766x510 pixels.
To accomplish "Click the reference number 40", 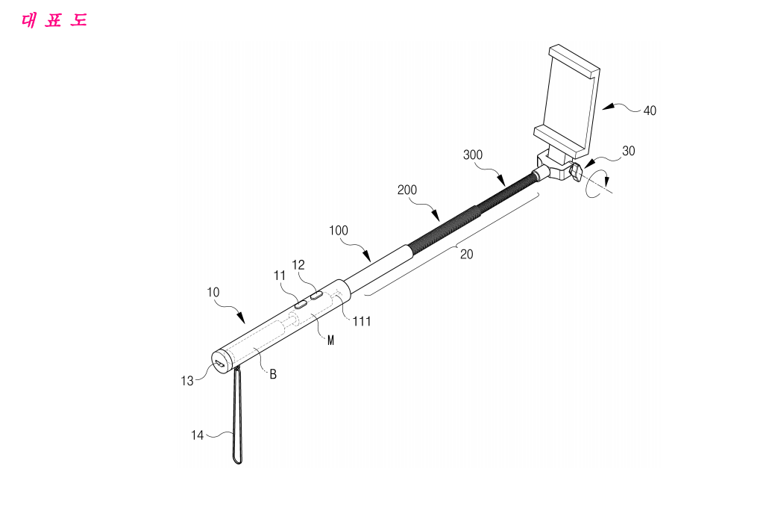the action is (650, 111).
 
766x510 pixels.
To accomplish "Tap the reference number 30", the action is (629, 151).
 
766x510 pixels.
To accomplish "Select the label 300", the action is (472, 155).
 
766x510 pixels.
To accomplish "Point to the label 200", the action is (407, 190).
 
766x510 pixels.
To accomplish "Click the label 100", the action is (339, 230).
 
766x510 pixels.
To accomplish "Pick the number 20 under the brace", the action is (467, 255).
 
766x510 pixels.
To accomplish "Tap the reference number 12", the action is (298, 265).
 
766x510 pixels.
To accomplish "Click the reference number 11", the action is (280, 276).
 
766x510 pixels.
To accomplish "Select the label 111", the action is (362, 321).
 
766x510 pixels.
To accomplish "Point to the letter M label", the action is (330, 340).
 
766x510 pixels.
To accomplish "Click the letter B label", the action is (273, 374).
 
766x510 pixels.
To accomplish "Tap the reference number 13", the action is (187, 380).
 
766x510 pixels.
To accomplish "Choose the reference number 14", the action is (198, 435).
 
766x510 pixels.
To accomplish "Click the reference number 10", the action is (213, 293).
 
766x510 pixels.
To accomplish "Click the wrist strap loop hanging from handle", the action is (237, 416).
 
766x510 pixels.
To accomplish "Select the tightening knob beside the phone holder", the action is (576, 172).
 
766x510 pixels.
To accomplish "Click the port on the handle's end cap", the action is (221, 364).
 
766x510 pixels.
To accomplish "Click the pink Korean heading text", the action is (54, 21).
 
